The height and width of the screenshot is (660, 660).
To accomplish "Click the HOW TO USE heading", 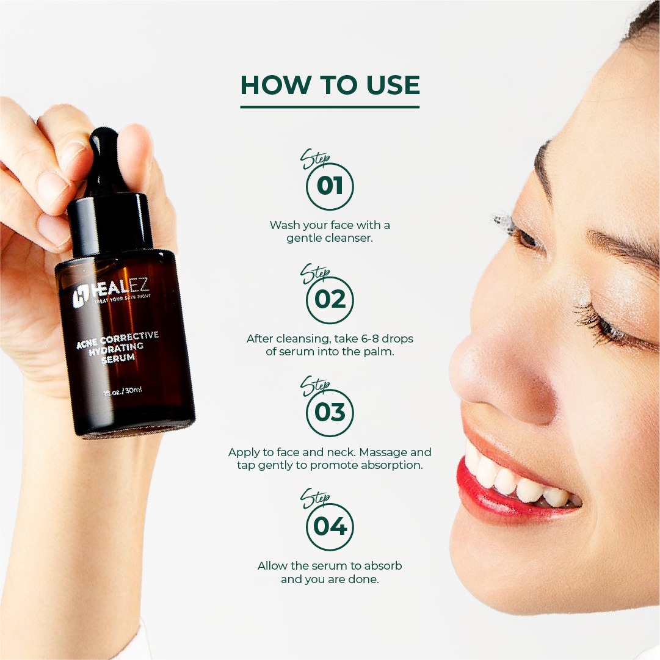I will click(x=330, y=85).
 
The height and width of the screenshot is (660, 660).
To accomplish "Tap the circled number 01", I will click(x=330, y=186).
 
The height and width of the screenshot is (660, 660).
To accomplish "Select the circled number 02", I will click(x=330, y=300).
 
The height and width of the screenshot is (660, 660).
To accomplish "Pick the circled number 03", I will click(x=330, y=413).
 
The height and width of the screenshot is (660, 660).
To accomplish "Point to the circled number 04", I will click(x=330, y=527).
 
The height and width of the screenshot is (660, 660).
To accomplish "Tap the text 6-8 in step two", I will click(x=363, y=338).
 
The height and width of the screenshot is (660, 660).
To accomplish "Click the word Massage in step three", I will click(x=389, y=452).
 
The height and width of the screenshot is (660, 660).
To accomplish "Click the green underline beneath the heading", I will click(x=330, y=107).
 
